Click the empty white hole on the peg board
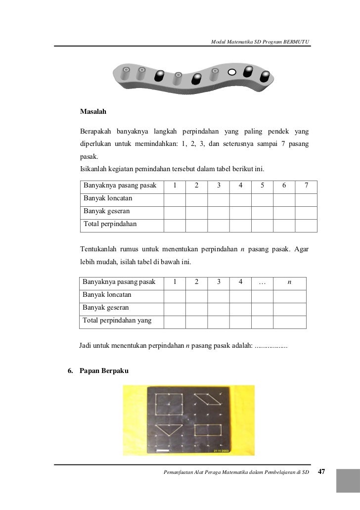[231, 72]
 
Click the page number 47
[321, 472]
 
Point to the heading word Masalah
[93, 112]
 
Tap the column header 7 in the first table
[307, 186]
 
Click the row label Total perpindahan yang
[117, 321]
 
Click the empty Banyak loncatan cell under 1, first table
[175, 199]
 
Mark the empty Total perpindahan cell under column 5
[262, 225]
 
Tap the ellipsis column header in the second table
[262, 282]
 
